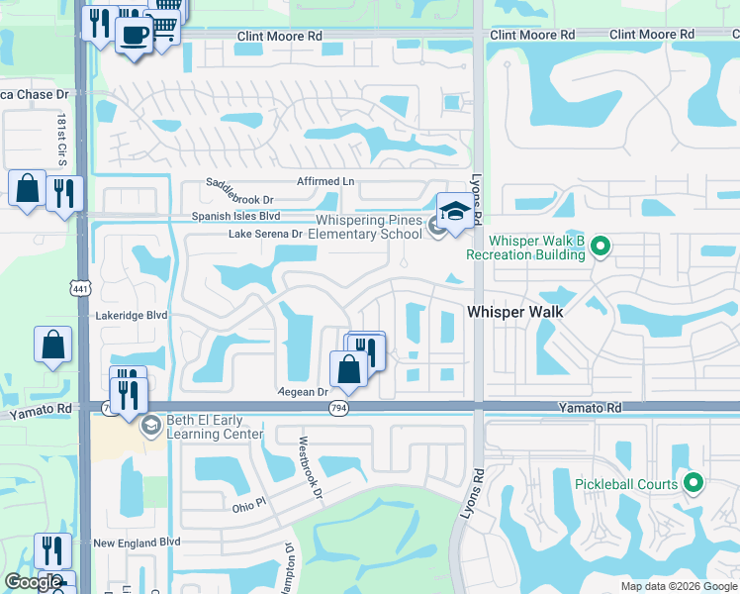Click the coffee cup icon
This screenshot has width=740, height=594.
133,35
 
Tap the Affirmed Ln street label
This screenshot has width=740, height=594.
325,182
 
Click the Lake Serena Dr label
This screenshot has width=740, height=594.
265,234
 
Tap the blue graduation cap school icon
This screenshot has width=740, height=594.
454,211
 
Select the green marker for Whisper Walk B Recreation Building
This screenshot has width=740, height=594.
600,247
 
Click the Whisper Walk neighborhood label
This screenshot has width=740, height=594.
514,312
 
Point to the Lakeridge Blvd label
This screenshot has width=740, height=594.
132,315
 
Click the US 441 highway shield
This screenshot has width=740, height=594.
76,287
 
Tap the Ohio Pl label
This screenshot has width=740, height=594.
249,504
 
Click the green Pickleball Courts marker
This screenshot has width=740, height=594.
694,484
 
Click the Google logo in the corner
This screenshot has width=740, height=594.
33,582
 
